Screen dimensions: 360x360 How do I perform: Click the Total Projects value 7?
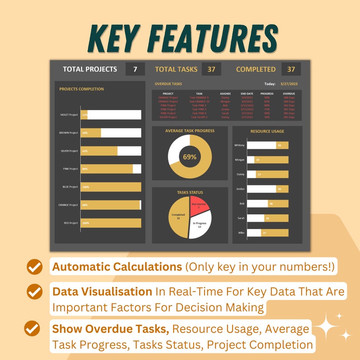(x=135, y=69)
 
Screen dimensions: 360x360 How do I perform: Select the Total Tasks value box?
(x=211, y=69)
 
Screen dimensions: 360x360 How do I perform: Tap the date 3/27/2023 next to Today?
(x=289, y=84)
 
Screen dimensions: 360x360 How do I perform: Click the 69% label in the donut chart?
(x=190, y=157)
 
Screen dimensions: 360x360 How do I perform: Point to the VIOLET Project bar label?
(x=69, y=115)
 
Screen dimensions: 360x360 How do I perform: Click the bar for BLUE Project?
(x=111, y=187)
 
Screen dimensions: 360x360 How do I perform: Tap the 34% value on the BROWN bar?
(x=85, y=133)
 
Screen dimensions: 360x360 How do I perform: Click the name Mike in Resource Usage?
(x=241, y=233)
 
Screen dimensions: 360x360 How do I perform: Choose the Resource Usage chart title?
(x=267, y=131)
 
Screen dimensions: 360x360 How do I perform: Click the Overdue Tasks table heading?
(x=168, y=84)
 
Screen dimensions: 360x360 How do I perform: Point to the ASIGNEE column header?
(x=225, y=93)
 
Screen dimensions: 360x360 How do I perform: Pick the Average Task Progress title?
(x=190, y=131)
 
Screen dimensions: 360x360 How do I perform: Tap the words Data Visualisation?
(x=102, y=292)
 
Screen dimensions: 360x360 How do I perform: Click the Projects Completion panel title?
(x=82, y=89)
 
